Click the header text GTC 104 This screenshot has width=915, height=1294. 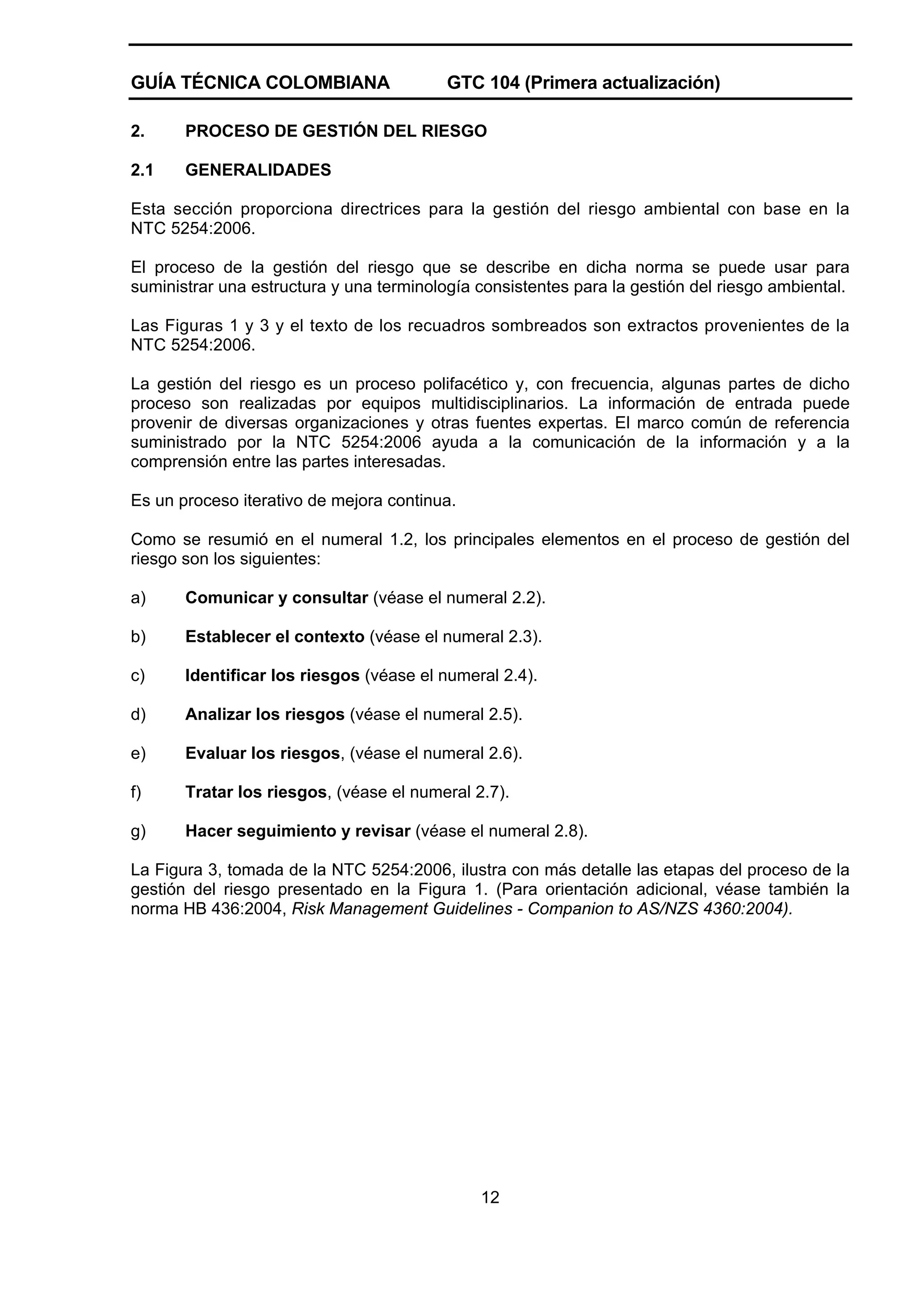(483, 83)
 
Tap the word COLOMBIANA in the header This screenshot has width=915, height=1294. (327, 83)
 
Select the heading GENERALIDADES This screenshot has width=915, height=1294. (258, 170)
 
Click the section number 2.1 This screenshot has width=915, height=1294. (142, 170)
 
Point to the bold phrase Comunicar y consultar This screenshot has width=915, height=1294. (276, 597)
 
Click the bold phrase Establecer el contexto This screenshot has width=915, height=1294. (275, 637)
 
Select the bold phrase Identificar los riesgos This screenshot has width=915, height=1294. (272, 675)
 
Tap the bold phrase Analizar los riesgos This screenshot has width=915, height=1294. (264, 714)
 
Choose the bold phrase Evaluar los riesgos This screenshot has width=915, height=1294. (262, 753)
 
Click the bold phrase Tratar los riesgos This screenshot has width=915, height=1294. (256, 792)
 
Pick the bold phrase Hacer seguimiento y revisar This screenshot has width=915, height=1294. (298, 831)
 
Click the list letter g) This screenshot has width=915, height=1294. (138, 831)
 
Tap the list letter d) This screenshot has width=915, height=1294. (138, 714)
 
